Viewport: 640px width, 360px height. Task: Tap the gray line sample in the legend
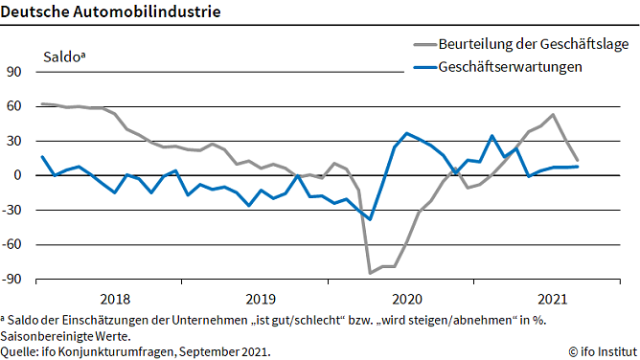click(423, 45)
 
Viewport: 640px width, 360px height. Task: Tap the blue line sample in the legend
click(423, 67)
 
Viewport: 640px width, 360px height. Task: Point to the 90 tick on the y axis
click(14, 72)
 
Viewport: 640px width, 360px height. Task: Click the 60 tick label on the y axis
click(14, 106)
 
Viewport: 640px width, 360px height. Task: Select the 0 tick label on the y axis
click(17, 176)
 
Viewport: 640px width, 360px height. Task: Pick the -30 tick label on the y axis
click(13, 211)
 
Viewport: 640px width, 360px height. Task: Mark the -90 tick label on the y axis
click(13, 280)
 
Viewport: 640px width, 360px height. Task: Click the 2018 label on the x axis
click(114, 298)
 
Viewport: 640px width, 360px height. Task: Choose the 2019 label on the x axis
click(261, 298)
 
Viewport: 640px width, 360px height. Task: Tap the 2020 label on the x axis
click(407, 298)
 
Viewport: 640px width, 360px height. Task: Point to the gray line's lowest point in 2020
click(371, 273)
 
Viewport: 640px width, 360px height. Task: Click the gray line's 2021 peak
click(553, 115)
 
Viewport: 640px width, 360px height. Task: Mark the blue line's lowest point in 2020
click(371, 219)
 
